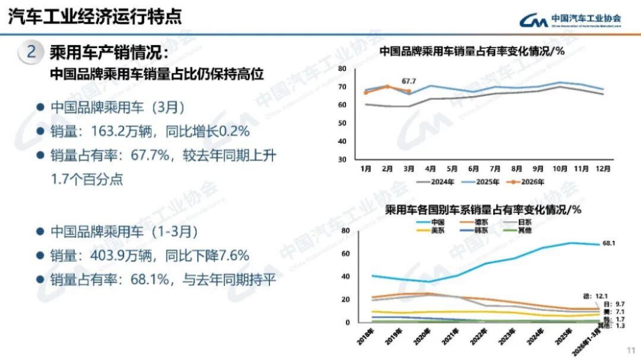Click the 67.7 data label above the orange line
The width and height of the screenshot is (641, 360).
click(409, 81)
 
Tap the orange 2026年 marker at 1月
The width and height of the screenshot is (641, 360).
click(366, 93)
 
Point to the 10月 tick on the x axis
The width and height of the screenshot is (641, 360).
click(559, 169)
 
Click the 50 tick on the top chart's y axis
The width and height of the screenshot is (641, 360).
click(342, 123)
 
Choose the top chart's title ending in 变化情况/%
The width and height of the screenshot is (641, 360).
click(471, 51)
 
